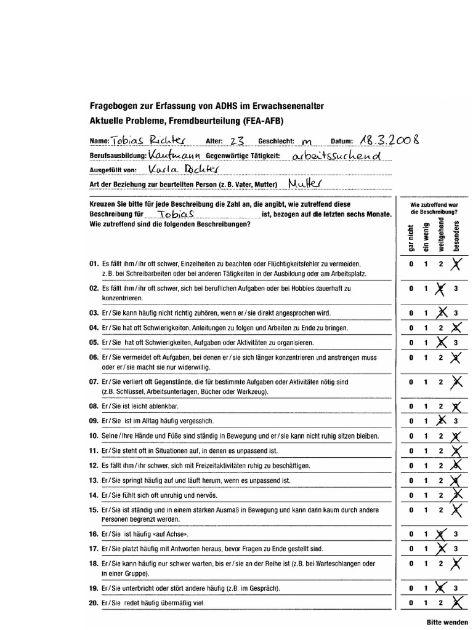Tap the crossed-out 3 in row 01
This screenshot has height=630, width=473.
pos(456,265)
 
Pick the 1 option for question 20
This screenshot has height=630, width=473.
pos(425,604)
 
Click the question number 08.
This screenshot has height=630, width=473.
pos(94,406)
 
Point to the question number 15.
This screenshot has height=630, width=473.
pos(94,510)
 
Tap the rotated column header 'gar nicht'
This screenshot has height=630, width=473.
pos(410,236)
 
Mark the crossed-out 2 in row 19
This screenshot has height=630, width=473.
pos(440,588)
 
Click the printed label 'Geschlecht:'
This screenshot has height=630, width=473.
pos(277,140)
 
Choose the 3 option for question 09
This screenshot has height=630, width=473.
pos(456,421)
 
